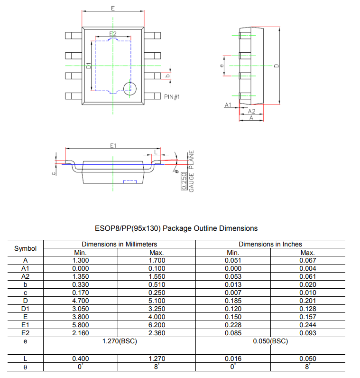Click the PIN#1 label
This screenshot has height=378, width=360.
coord(172,97)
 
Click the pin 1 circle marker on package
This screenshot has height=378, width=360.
coord(129,87)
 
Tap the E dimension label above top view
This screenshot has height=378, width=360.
coord(112,8)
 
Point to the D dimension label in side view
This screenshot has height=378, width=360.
coord(276,66)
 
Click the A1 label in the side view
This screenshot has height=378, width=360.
coord(228,104)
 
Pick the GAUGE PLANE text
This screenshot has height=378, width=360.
coord(192,171)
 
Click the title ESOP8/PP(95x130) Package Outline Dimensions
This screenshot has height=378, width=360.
coord(177,228)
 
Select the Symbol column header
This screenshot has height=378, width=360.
coord(26,248)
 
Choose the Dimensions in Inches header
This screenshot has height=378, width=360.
coord(270,244)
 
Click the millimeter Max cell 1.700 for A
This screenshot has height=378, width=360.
coord(157,260)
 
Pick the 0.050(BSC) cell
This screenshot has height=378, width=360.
coord(270,341)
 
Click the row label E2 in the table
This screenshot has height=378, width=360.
coord(26,333)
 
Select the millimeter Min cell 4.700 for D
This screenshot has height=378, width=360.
coord(80,301)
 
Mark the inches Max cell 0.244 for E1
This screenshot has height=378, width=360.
coord(308,325)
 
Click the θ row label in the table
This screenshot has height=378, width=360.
coord(26,367)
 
